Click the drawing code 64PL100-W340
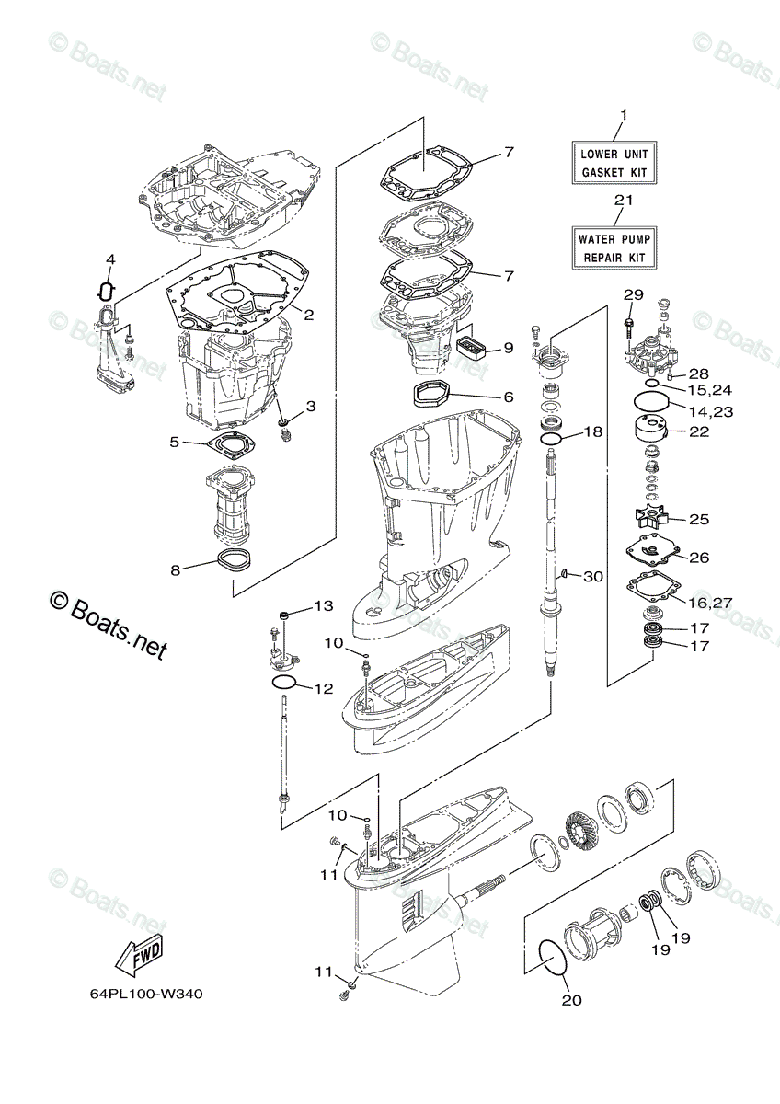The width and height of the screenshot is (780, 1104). [x=146, y=994]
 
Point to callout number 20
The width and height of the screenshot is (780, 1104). [x=571, y=1001]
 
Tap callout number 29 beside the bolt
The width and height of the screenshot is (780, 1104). [x=633, y=294]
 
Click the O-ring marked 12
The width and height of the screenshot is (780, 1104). [x=284, y=682]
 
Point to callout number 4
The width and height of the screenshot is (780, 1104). [x=109, y=260]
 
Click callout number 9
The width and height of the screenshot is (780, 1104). [x=508, y=349]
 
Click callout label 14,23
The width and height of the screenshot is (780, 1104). [x=708, y=411]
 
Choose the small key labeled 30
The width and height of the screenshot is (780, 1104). [x=563, y=575]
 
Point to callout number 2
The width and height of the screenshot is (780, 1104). [x=309, y=315]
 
